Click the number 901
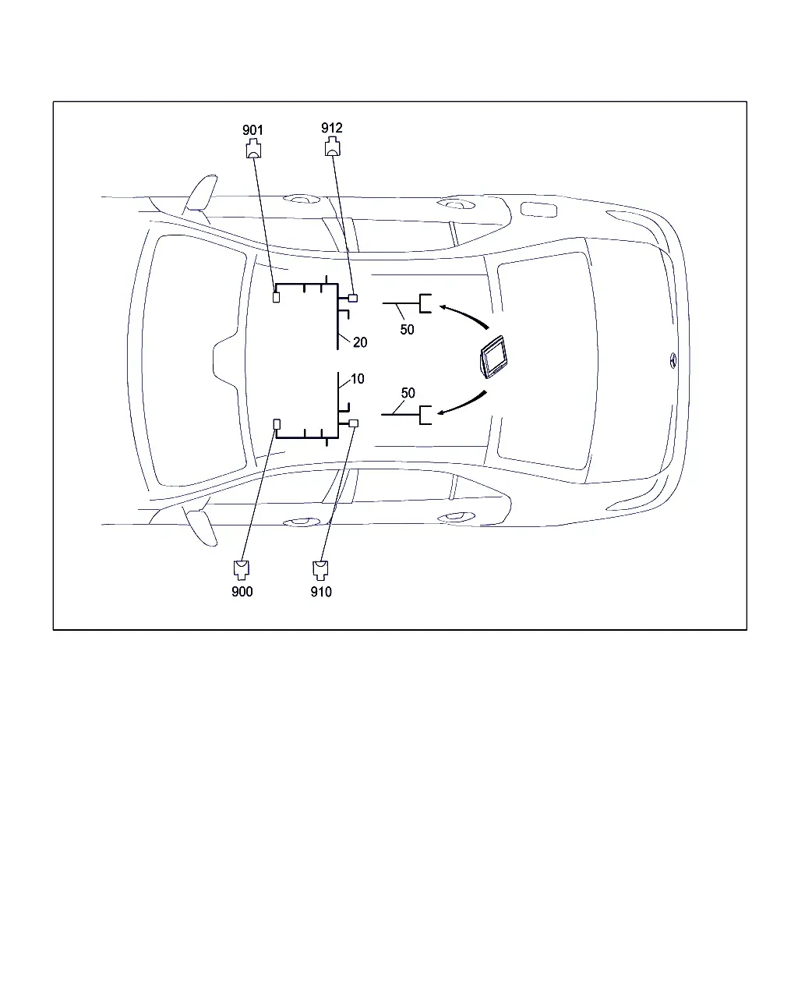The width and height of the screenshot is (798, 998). (x=252, y=130)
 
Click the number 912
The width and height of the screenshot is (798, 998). (x=331, y=128)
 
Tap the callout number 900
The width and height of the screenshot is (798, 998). (x=242, y=592)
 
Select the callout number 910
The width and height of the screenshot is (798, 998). (x=321, y=592)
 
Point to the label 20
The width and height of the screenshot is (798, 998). (x=360, y=342)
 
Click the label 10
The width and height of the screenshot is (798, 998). (x=357, y=379)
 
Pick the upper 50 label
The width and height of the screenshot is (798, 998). (x=407, y=330)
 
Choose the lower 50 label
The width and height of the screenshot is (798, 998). (x=408, y=393)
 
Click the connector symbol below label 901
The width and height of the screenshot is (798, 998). (x=253, y=148)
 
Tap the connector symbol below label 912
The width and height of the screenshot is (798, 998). (x=333, y=147)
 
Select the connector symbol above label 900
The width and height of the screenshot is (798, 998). (x=242, y=570)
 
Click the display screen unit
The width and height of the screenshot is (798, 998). (x=493, y=356)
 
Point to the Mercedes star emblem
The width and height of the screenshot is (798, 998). (x=673, y=360)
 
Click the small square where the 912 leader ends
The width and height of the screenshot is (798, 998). (x=353, y=298)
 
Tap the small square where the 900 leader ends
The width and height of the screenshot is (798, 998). (x=277, y=424)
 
